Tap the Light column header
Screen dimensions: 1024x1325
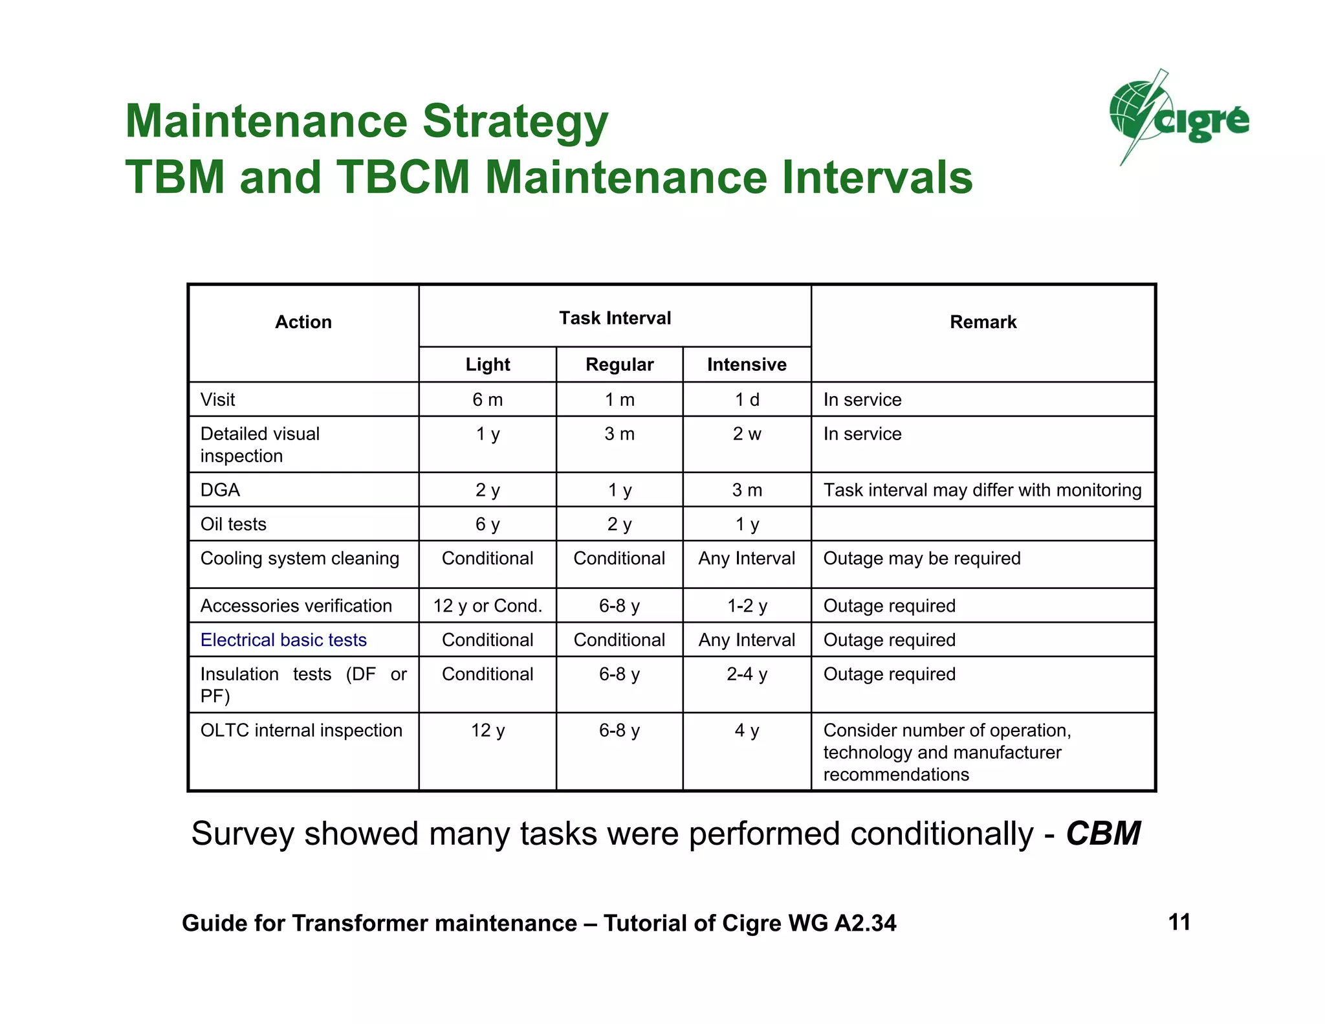(x=487, y=364)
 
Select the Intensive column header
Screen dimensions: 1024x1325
(x=747, y=364)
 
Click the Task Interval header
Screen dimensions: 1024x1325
(x=615, y=318)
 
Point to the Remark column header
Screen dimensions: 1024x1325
(x=983, y=322)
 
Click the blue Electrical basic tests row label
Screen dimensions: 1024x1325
(x=283, y=640)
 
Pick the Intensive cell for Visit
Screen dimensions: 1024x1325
(x=747, y=399)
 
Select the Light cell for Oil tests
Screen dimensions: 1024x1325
(x=487, y=524)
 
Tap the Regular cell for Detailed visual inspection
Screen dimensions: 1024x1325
(x=619, y=434)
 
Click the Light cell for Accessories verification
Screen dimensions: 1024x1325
(x=487, y=605)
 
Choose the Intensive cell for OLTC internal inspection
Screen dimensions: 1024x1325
(x=747, y=730)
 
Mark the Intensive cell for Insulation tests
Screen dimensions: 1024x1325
(x=747, y=674)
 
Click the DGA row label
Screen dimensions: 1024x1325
(x=220, y=489)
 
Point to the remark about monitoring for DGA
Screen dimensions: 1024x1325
(x=982, y=489)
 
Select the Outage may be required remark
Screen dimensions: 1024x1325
(x=921, y=558)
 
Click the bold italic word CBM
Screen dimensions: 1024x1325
(x=1103, y=833)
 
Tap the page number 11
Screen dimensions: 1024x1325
(x=1179, y=922)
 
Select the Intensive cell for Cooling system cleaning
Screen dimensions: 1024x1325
(x=747, y=558)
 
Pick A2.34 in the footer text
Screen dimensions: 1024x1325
(x=865, y=923)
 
